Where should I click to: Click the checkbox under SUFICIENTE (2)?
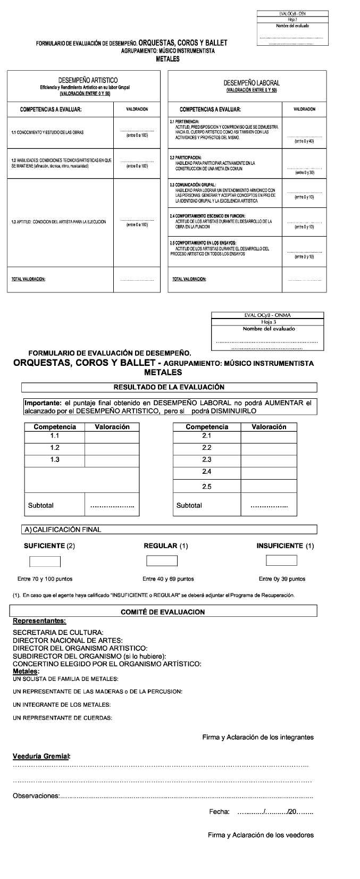[x=45, y=562]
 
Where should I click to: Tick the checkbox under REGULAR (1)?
[x=162, y=561]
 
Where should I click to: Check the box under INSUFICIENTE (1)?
[x=281, y=560]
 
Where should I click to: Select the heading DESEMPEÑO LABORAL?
[x=252, y=83]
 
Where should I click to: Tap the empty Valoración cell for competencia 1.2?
[x=112, y=448]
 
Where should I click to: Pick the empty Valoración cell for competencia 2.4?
[x=269, y=472]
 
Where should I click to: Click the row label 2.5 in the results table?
[x=207, y=487]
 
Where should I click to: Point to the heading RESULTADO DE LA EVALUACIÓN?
[x=169, y=387]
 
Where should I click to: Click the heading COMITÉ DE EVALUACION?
[x=163, y=612]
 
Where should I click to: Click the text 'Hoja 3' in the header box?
[x=269, y=322]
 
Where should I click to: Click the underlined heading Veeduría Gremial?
[x=41, y=756]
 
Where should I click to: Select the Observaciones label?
[x=36, y=796]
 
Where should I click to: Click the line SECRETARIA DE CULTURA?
[x=58, y=633]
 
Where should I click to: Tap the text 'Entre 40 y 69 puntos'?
[x=168, y=579]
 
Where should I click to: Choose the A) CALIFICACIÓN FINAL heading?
[x=63, y=530]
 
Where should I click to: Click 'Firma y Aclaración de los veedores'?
[x=261, y=835]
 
